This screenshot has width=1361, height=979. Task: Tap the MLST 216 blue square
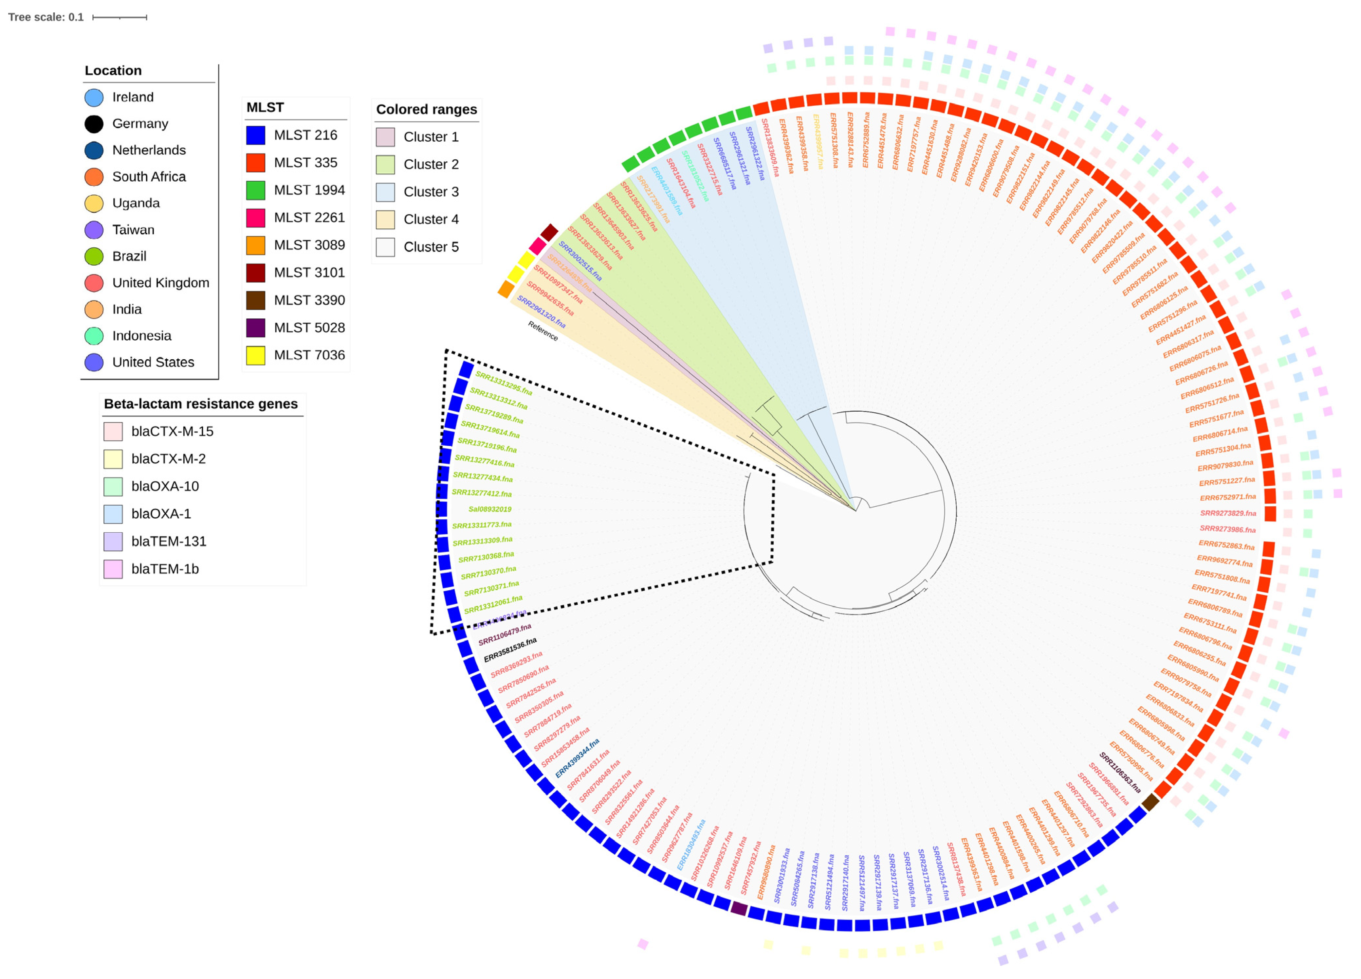(256, 135)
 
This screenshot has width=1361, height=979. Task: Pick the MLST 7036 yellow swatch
(256, 355)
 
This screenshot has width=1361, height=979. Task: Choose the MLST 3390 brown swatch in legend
(256, 300)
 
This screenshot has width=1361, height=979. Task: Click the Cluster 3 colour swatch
(385, 192)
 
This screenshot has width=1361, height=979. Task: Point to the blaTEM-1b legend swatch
(113, 569)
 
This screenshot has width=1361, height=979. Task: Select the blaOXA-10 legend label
(165, 487)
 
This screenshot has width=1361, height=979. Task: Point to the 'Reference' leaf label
(543, 330)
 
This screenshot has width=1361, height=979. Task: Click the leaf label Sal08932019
(490, 509)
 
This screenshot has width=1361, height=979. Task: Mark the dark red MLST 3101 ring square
(549, 232)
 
